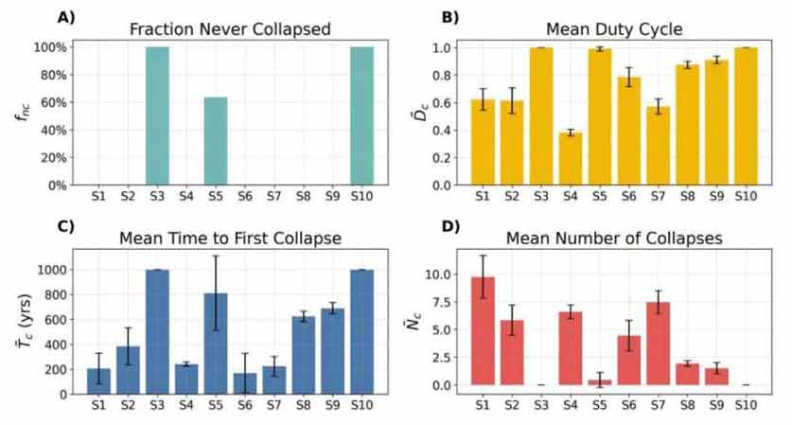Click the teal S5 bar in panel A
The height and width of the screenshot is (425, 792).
click(216, 141)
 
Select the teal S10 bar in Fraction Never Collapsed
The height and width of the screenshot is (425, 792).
click(362, 116)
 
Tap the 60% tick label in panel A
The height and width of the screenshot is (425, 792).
click(50, 102)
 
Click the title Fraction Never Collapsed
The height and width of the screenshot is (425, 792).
click(230, 28)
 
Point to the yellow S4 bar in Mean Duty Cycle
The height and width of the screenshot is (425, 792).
click(571, 159)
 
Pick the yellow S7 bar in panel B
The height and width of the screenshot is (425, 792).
click(659, 146)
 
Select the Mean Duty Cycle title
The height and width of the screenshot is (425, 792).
click(614, 28)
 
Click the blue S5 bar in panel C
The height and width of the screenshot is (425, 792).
click(216, 344)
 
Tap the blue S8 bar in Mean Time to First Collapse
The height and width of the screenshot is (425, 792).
click(304, 355)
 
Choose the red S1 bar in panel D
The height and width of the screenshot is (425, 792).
click(483, 331)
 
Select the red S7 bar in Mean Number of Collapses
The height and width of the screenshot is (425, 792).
click(659, 344)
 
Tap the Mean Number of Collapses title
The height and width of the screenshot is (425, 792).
click(614, 238)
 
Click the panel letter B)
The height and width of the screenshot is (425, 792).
click(450, 17)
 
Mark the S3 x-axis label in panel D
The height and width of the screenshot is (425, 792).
click(541, 405)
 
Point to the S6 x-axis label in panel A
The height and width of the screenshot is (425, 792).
click(245, 196)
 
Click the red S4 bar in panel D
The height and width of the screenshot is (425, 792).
click(571, 348)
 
